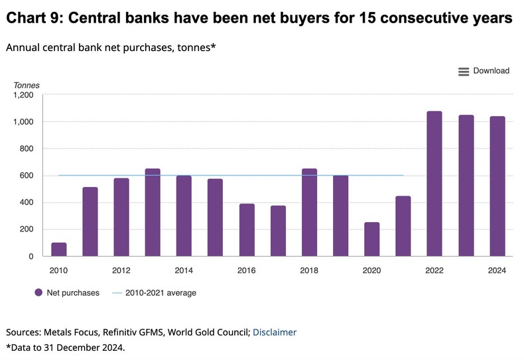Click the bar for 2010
tap(58, 249)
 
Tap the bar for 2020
tap(371, 239)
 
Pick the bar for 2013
tap(153, 212)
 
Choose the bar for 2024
tap(497, 186)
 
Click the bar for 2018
tap(309, 212)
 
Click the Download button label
tap(491, 71)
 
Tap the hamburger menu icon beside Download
tap(464, 72)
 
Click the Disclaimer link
tap(275, 332)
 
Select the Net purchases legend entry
tap(66, 292)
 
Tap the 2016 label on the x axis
tap(246, 270)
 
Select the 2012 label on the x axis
tap(121, 270)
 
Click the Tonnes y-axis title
tap(27, 86)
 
